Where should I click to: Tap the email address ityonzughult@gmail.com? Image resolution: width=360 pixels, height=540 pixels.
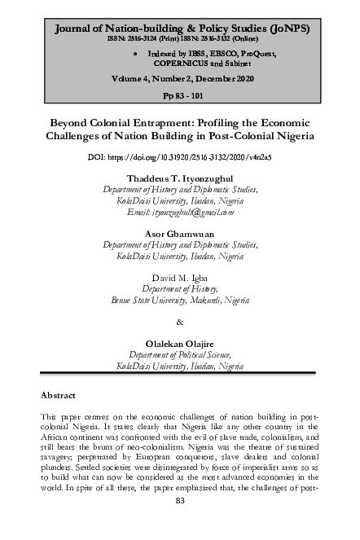tap(180, 212)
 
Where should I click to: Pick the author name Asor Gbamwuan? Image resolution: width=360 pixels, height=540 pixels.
tap(180, 232)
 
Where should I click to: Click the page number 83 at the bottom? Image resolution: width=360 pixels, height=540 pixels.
tap(180, 523)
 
